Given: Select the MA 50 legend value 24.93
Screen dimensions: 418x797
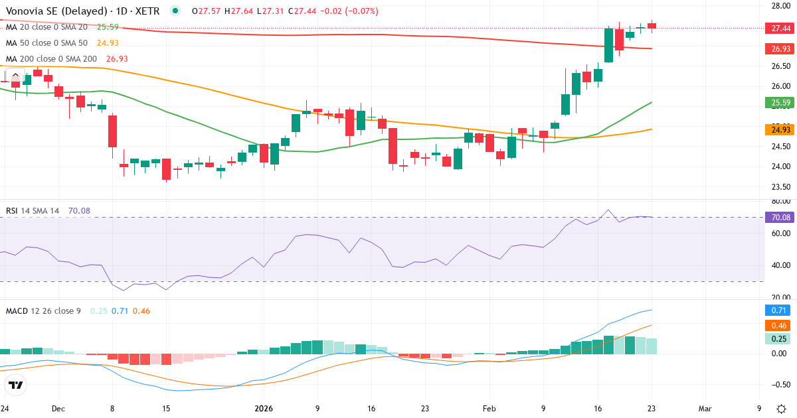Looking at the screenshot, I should [108, 43].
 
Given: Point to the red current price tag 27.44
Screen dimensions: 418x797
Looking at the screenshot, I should [776, 28].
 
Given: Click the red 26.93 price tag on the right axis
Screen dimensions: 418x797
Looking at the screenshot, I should [776, 48].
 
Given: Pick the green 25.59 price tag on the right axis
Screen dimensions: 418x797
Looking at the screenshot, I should [776, 103].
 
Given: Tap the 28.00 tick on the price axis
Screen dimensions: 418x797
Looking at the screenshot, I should [776, 6].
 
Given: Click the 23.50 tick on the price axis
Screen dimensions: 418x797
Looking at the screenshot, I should [776, 186].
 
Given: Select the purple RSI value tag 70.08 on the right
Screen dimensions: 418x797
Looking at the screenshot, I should [776, 217].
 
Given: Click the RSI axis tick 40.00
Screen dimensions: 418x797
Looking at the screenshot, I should [776, 265].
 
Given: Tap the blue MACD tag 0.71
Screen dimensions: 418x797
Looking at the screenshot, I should [776, 310].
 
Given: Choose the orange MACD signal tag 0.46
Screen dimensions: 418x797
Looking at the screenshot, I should [776, 325].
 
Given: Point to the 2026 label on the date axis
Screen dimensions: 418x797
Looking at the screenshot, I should [264, 409].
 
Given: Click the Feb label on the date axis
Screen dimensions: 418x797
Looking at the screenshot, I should [489, 409].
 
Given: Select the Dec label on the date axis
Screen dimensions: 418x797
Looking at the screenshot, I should [58, 409].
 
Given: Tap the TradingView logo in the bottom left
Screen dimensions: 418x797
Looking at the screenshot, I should [16, 385].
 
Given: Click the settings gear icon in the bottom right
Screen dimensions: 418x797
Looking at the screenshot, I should [781, 409].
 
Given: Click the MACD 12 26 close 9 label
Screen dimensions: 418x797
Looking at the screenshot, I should [43, 311].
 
